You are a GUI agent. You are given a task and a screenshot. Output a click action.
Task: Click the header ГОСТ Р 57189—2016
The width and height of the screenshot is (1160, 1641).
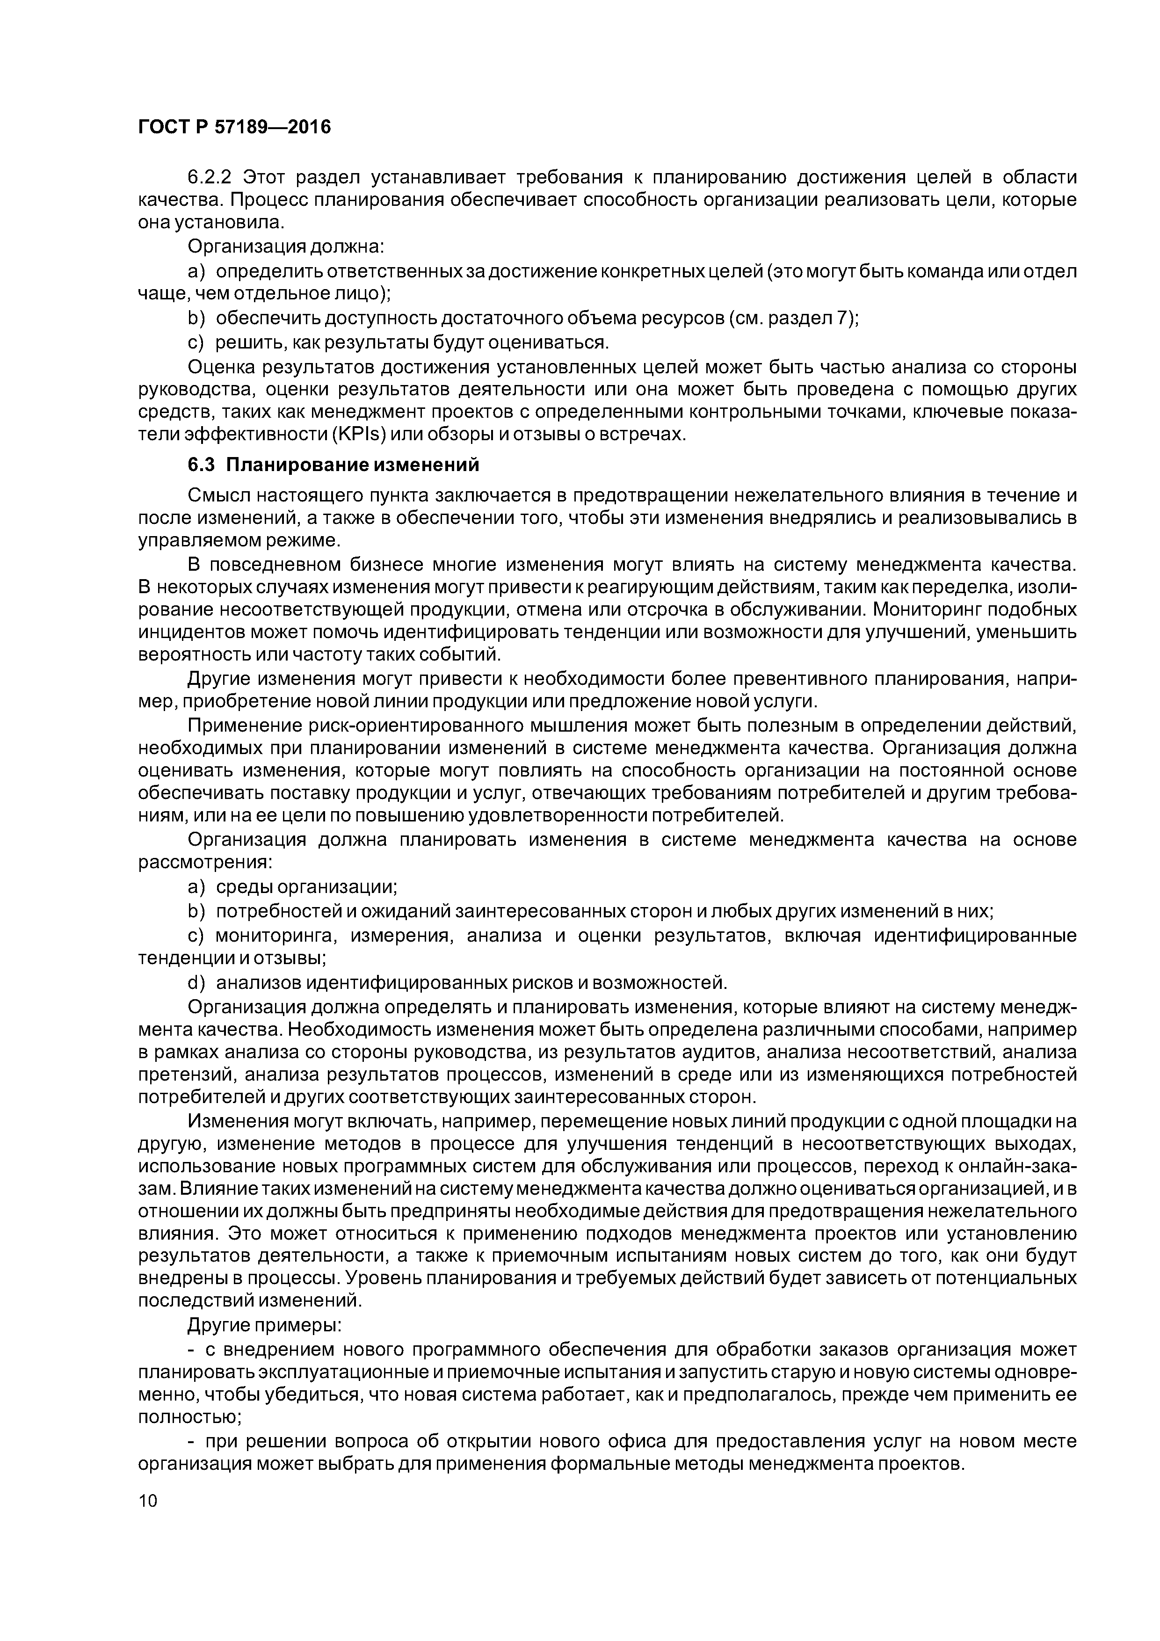point(234,127)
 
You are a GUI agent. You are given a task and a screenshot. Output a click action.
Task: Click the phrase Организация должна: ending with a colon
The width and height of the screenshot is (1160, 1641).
point(286,247)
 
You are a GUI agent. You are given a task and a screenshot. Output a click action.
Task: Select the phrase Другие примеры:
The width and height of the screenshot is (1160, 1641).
point(264,1326)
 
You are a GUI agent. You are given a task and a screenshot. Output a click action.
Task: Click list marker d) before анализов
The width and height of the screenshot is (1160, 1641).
point(196,983)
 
